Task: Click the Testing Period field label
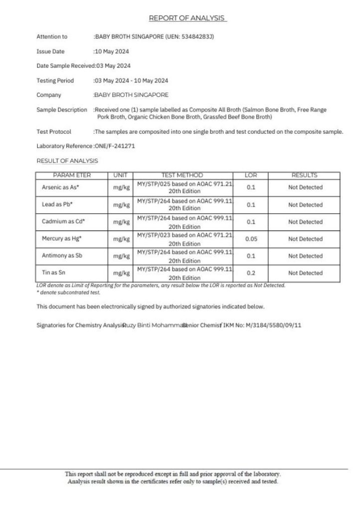tap(55, 81)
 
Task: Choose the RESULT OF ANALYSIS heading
tap(67, 161)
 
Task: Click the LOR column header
tap(251, 176)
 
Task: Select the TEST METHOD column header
tap(182, 176)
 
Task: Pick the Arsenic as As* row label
tap(60, 188)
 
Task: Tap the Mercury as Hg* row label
tap(61, 239)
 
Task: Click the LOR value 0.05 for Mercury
tap(251, 239)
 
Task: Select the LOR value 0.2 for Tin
tap(251, 273)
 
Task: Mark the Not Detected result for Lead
tap(305, 205)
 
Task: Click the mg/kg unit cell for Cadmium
tap(121, 222)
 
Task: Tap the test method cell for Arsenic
tap(184, 188)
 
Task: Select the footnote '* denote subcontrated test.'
tap(65, 292)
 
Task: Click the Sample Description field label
tap(61, 110)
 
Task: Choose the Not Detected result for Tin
tap(305, 273)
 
